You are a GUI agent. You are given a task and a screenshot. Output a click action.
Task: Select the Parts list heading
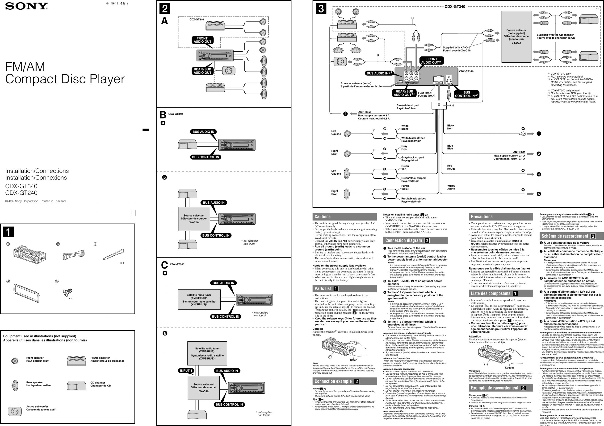point(323,289)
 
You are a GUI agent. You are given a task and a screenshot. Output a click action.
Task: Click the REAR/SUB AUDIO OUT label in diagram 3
point(404,93)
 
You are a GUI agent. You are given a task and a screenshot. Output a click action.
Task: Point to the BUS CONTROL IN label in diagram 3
point(467,94)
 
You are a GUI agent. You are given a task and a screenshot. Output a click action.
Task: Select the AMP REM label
point(364,112)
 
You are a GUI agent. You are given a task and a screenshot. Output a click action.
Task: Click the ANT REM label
point(519,152)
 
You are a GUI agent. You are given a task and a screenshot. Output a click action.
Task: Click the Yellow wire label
point(451,186)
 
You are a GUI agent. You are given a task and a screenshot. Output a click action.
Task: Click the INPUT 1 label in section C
point(186,371)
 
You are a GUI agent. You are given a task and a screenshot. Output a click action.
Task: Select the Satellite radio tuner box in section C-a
point(199,300)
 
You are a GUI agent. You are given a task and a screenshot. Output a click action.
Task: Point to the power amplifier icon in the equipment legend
point(76,361)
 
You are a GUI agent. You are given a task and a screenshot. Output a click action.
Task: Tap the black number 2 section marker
point(165,9)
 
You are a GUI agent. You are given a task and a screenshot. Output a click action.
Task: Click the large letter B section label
point(163,115)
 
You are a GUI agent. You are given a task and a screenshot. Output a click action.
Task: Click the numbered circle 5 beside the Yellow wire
point(538,194)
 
